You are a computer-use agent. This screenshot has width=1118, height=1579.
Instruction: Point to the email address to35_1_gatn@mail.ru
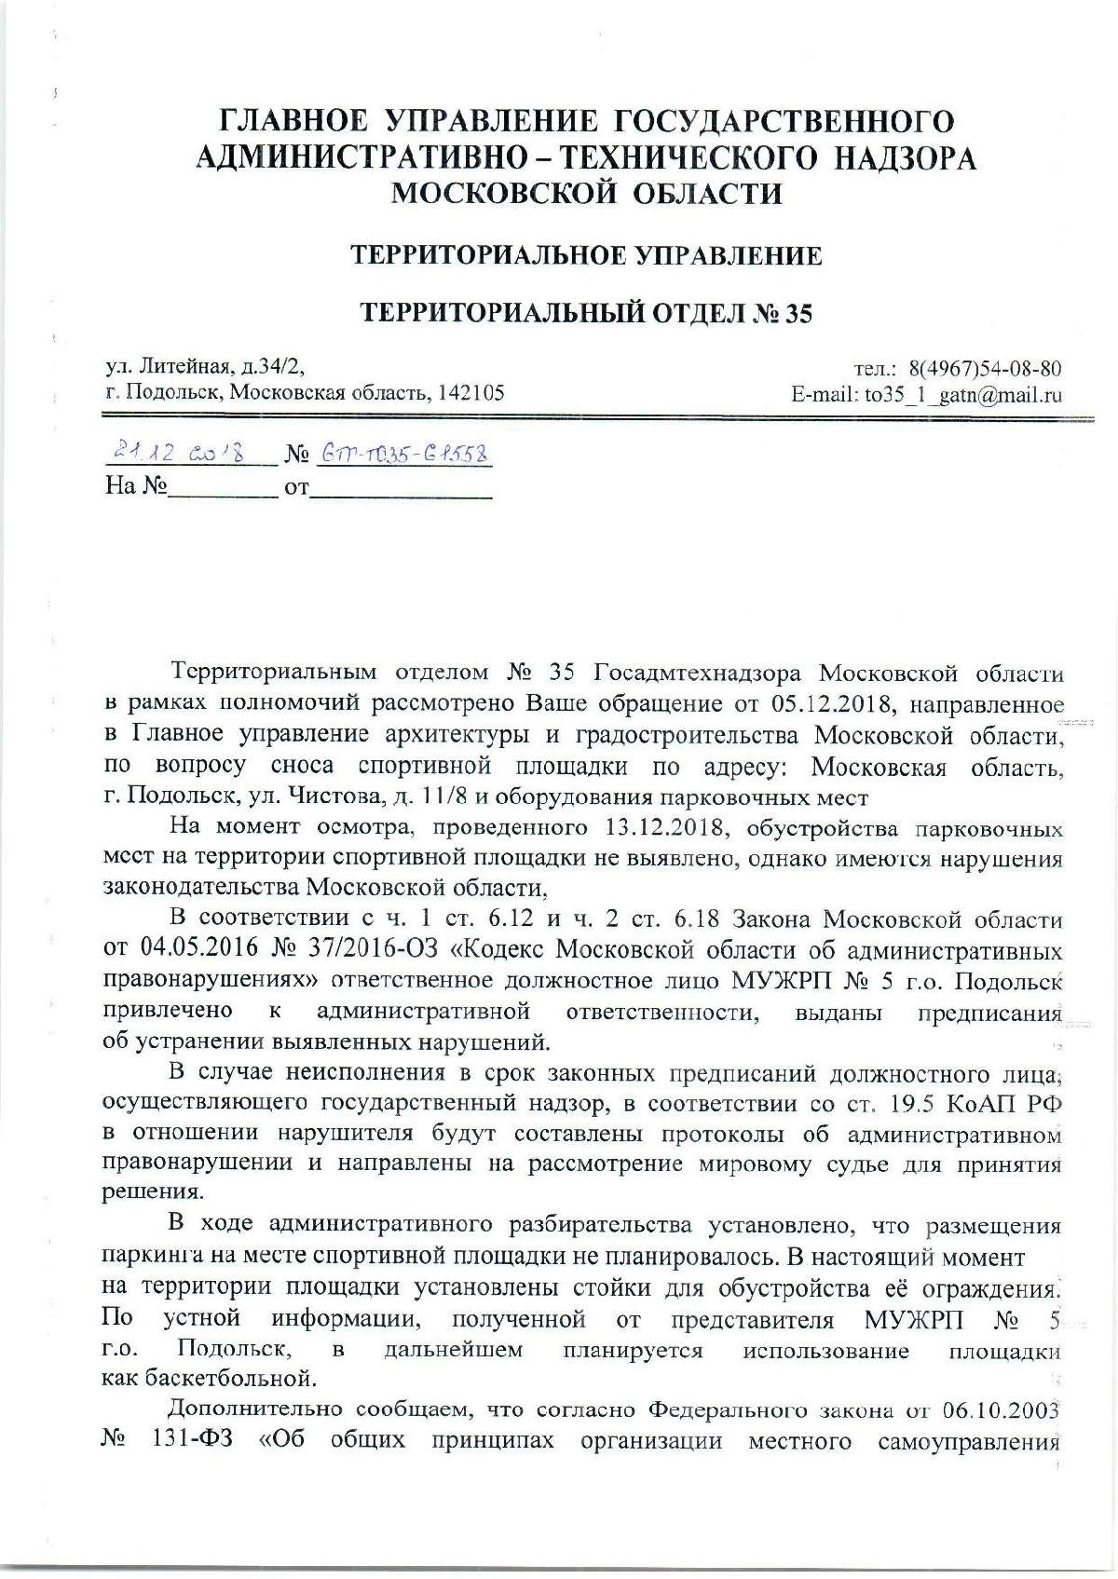point(964,394)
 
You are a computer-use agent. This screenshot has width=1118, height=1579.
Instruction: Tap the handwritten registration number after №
point(404,454)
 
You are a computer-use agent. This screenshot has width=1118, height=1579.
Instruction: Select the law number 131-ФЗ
point(182,1439)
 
